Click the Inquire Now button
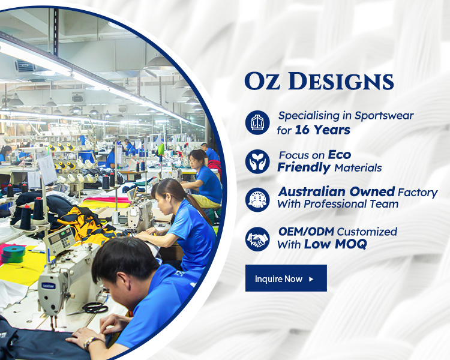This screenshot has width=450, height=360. click(286, 278)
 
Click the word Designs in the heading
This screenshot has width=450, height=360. click(341, 81)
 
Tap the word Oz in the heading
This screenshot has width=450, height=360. click(262, 81)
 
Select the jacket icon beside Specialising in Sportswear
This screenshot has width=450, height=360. click(257, 122)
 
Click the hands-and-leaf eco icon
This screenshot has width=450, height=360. click(257, 161)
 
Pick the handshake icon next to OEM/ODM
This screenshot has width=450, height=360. click(257, 239)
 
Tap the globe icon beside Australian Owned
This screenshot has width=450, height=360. click(257, 200)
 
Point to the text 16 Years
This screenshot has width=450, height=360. click(323, 130)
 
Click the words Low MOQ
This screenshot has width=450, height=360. click(335, 244)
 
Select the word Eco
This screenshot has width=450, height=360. click(340, 155)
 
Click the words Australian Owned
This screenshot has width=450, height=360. click(337, 191)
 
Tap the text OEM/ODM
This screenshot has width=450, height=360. click(306, 232)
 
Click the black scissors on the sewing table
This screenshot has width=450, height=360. click(91, 308)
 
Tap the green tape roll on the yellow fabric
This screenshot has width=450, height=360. click(13, 254)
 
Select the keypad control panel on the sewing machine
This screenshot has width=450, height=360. click(59, 240)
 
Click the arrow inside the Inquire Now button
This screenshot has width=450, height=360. click(311, 279)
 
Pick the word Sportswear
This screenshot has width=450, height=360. click(384, 116)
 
